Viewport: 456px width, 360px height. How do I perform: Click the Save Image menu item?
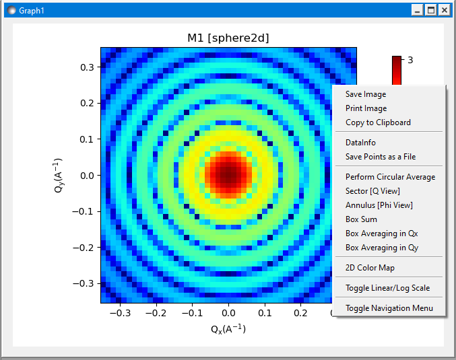pos(366,94)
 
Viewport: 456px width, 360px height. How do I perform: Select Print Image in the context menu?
pos(366,108)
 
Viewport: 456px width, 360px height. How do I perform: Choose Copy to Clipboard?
pos(378,122)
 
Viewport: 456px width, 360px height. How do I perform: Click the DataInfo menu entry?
pos(360,143)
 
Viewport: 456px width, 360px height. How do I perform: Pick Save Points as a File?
pos(381,157)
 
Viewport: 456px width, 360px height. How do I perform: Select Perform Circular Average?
pos(390,177)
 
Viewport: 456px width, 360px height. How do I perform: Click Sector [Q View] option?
pos(372,191)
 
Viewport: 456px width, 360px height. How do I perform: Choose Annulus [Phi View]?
pos(379,205)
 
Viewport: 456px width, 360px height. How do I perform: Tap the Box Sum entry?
pos(361,219)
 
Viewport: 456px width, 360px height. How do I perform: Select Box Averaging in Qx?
pos(381,233)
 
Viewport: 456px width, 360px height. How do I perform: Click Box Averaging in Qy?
pos(381,248)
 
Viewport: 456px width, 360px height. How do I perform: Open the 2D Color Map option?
pos(370,268)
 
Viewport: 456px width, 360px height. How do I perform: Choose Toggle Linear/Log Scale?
pos(387,288)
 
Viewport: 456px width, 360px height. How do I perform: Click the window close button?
pos(445,10)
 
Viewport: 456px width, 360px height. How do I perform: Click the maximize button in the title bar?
pos(431,10)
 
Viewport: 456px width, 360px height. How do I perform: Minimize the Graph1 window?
pos(418,10)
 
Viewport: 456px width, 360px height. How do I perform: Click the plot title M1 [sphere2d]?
pos(228,38)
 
